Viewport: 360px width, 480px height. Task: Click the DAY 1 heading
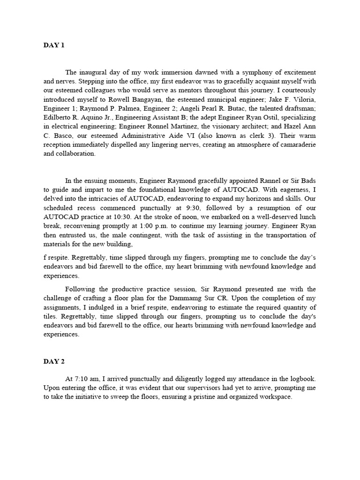(x=53, y=45)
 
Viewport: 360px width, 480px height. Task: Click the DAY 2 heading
(x=53, y=361)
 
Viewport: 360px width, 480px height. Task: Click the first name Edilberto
(x=58, y=117)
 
